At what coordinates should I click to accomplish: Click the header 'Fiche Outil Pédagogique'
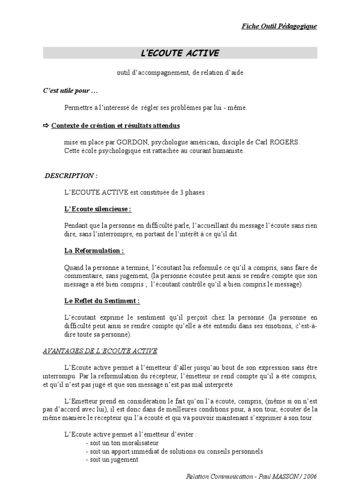tap(278, 26)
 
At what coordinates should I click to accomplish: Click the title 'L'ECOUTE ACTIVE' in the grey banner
tap(180, 53)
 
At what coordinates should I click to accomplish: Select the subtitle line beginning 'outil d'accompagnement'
tap(180, 74)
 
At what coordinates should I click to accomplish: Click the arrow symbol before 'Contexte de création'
tap(46, 126)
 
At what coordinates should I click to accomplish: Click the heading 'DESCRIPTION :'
tap(71, 176)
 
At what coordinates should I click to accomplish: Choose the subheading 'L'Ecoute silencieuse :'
tap(97, 209)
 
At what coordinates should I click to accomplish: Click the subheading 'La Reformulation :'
tap(94, 251)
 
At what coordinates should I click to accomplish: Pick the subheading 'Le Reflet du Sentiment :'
tap(102, 300)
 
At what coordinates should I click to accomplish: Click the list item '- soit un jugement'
tap(112, 459)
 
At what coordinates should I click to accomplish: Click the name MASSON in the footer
tap(287, 476)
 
